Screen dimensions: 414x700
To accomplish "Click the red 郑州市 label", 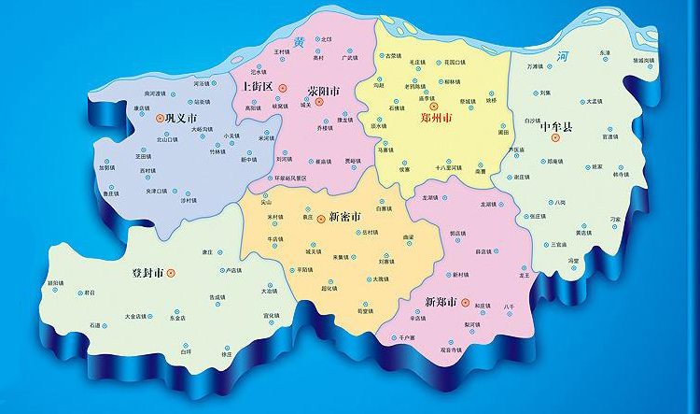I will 437,120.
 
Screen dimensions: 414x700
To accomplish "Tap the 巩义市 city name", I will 182,119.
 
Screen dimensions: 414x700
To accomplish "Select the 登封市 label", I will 147,273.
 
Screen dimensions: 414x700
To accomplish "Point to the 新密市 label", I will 347,217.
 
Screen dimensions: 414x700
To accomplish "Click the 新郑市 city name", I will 441,303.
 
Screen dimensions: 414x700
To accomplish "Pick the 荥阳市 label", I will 323,91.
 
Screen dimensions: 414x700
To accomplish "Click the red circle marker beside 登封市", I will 171,273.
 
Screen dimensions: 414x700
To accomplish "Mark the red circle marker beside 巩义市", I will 160,118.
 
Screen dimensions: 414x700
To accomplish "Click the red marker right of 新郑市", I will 464,303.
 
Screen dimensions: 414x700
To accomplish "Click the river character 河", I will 561,56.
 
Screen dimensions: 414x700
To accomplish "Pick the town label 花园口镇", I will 455,63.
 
